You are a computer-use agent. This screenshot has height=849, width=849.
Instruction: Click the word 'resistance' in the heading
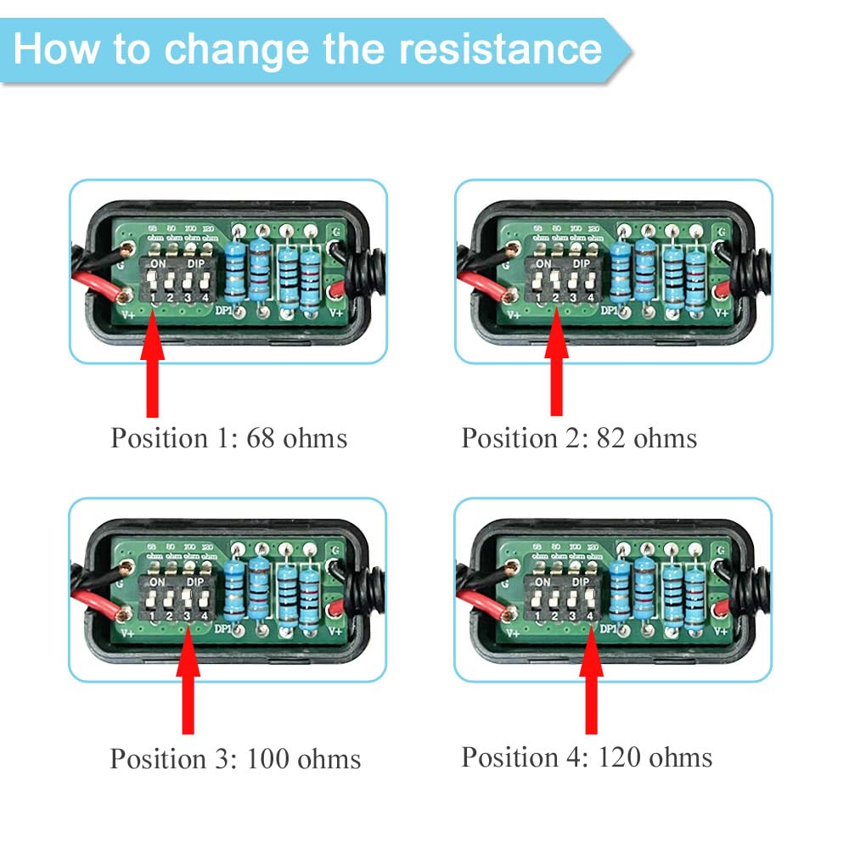(500, 48)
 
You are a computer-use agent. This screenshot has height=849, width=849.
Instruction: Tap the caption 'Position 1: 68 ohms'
(228, 438)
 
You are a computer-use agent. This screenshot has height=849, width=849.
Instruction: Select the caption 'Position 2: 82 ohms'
(579, 438)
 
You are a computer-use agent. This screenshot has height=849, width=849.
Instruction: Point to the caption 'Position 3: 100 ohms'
(235, 758)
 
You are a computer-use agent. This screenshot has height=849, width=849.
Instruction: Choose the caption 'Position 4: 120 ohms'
(587, 756)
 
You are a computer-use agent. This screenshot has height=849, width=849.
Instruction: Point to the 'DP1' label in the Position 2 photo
(609, 311)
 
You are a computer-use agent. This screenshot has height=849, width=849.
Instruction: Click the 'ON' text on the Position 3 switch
(157, 582)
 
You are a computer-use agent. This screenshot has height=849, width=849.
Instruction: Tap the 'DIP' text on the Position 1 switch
(197, 264)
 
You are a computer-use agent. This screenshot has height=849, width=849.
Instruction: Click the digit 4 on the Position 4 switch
(588, 616)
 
